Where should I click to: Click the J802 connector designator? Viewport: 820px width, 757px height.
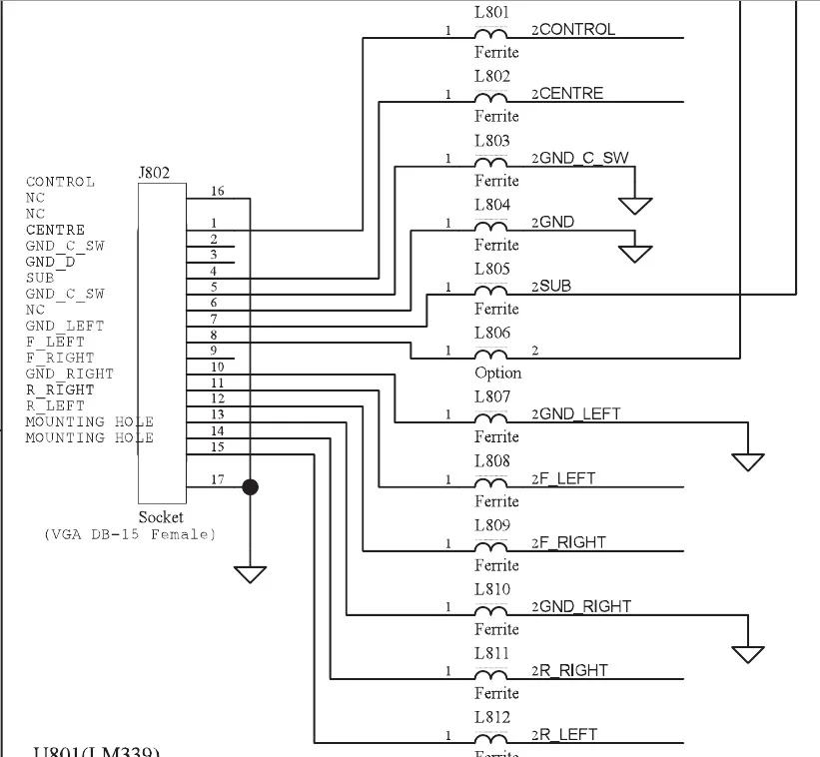coord(154,172)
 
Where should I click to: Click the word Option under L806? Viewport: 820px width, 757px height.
coord(497,373)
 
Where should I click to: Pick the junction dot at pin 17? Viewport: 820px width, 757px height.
coord(250,486)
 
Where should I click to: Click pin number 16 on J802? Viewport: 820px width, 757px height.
coord(217,190)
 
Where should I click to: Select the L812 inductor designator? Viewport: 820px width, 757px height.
coord(491,717)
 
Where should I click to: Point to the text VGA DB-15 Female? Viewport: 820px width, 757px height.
coord(130,534)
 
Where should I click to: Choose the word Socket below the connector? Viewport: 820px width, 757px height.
coord(161,517)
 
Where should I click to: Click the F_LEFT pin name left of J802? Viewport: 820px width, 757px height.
coord(55,342)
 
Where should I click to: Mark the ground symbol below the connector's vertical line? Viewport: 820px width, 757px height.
coord(250,573)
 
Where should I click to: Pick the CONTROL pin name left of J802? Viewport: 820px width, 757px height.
coord(60,182)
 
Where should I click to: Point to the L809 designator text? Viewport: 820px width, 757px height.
coord(491,525)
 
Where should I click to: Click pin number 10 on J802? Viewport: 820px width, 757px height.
coord(217,367)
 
